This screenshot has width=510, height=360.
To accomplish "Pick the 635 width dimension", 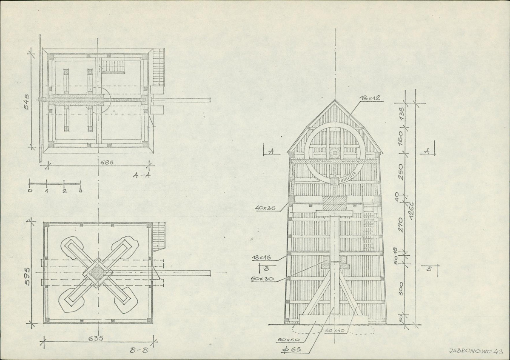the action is [x=96, y=338].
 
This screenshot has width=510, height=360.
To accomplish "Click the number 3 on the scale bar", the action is [x=80, y=190].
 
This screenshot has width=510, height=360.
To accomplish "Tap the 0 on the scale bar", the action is [x=30, y=190].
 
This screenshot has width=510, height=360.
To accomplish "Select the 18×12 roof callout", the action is [x=370, y=98].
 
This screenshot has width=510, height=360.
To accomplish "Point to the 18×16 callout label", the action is [x=262, y=257].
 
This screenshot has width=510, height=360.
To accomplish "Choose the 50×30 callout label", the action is [x=262, y=279].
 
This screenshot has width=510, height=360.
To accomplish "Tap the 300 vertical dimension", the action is [x=401, y=289].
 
